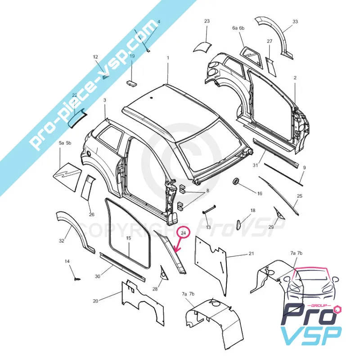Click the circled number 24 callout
pyautogui.click(x=183, y=233)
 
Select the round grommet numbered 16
pyautogui.click(x=236, y=181)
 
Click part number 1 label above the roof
pyautogui.click(x=168, y=58)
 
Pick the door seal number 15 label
pyautogui.click(x=128, y=238)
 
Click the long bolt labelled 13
pyautogui.click(x=209, y=208)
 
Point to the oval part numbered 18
pyautogui.click(x=238, y=223)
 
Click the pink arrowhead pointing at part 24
pyautogui.click(x=176, y=251)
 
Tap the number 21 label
pyautogui.click(x=252, y=253)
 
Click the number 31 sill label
pyautogui.click(x=255, y=165)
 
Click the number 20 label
pyautogui.click(x=95, y=301)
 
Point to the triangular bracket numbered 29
pyautogui.click(x=279, y=212)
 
